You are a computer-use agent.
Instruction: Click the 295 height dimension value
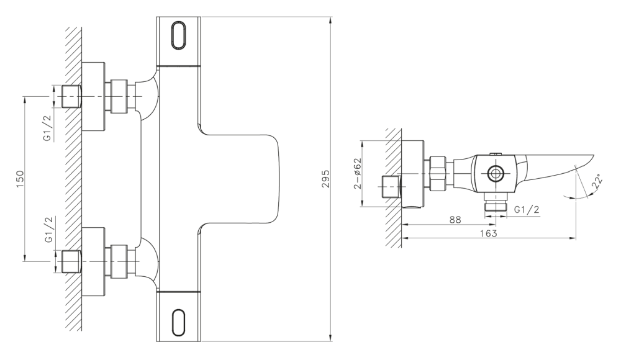point(325,179)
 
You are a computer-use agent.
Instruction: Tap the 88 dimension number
point(455,220)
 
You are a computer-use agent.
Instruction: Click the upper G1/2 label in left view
point(48,127)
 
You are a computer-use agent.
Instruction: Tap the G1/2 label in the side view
point(527,210)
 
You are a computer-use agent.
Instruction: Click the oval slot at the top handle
point(179,35)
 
